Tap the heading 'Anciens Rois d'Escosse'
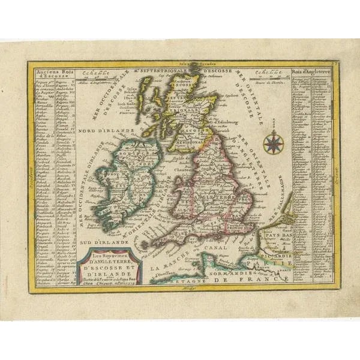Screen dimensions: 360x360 [49, 75]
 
